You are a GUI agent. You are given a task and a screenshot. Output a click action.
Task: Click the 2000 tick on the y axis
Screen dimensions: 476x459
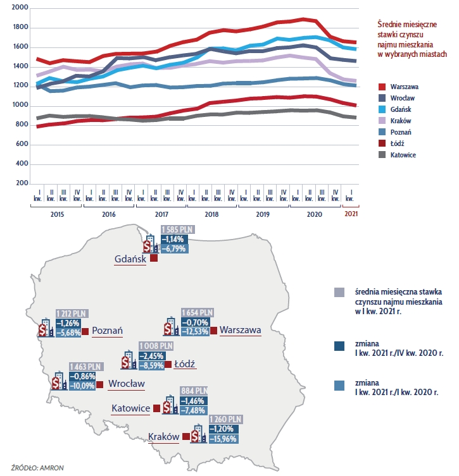20,8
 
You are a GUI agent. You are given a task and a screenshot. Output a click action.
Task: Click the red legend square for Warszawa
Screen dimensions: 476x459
382,86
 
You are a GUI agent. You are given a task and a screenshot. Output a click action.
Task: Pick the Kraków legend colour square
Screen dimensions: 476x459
382,121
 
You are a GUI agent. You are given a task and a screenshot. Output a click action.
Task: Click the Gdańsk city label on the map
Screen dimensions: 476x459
130,259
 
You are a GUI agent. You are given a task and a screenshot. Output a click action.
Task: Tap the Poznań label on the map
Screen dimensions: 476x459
107,330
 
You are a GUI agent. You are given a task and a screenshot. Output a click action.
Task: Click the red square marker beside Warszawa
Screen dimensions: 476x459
213,330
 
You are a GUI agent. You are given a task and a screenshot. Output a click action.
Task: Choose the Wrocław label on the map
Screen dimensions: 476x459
127,383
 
